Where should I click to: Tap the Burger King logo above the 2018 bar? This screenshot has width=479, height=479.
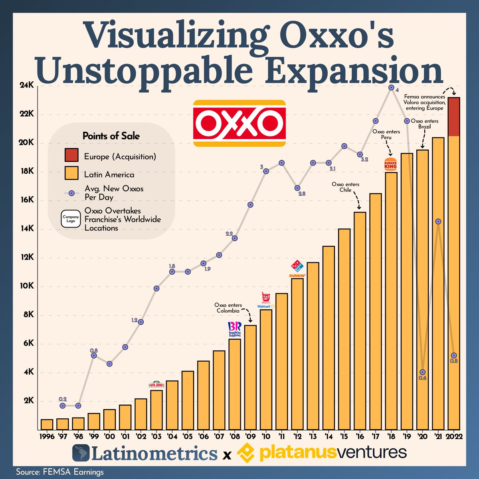[x=390, y=164]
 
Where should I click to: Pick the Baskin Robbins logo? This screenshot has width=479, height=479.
[x=234, y=330]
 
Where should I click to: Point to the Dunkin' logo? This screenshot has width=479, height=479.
[x=297, y=275]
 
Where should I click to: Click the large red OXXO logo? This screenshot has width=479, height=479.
[x=239, y=123]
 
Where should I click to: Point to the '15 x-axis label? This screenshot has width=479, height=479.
[x=344, y=436]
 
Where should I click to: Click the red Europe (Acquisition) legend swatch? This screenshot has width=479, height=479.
[x=71, y=156]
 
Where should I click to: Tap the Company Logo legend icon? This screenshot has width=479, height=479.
[x=71, y=219]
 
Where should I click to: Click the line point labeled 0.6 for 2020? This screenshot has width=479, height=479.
[x=422, y=372]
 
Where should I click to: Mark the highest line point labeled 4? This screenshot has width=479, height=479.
[x=391, y=87]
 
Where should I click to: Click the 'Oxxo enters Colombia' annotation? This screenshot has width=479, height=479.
[x=228, y=308]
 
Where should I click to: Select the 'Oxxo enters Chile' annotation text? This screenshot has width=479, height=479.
[x=346, y=187]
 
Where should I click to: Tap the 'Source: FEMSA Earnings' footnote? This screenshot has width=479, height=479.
[x=60, y=472]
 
